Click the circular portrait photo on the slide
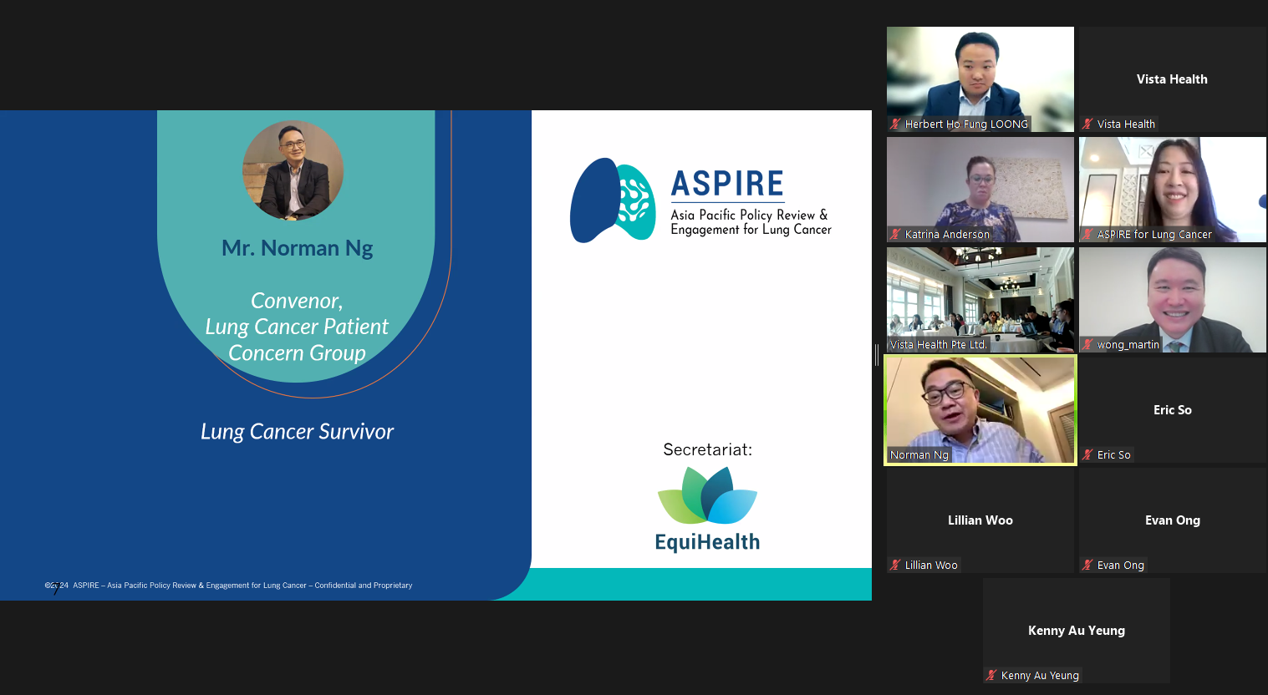pos(293,170)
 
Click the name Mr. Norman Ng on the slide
pos(297,248)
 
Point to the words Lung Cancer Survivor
pos(297,431)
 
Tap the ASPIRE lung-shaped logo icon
pos(612,200)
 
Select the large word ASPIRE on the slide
pos(727,184)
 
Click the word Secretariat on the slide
pos(707,449)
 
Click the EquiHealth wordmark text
pos(707,542)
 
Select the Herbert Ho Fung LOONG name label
pos(966,124)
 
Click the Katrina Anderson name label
pos(947,235)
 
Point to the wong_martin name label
pos(1128,345)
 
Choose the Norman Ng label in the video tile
pos(919,455)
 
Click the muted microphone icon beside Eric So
pos(1087,455)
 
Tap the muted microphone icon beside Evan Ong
pos(1087,566)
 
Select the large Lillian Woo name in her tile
pos(980,520)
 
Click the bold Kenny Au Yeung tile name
pos(1077,631)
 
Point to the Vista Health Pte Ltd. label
pos(939,345)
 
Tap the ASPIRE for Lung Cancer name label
pos(1154,235)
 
